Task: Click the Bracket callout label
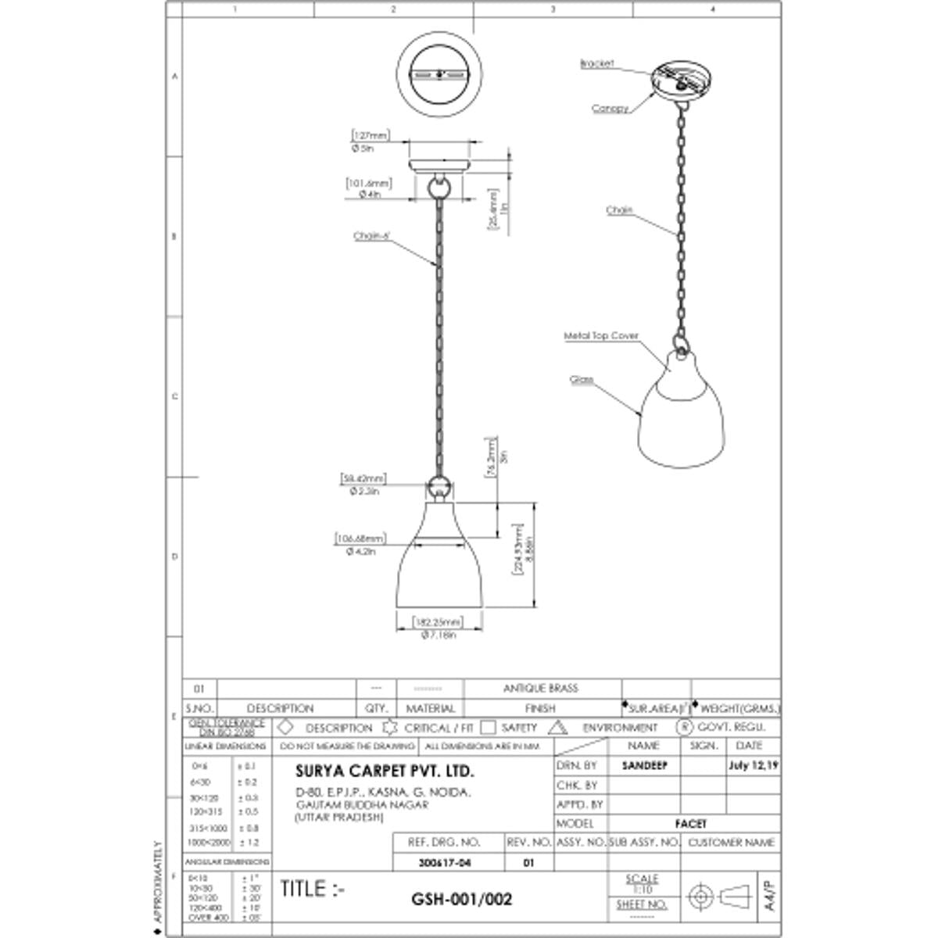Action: tap(597, 63)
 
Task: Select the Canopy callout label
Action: tap(610, 109)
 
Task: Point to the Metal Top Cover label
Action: tap(601, 336)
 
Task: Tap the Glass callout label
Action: tap(582, 380)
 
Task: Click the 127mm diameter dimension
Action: tap(371, 136)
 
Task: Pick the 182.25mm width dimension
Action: tap(438, 623)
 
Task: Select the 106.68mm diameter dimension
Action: tap(360, 539)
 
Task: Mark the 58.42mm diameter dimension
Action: tap(363, 478)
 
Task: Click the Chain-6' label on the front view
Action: tap(371, 236)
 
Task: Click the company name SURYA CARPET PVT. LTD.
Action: tap(385, 771)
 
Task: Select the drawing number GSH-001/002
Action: tap(461, 899)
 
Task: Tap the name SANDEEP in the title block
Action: tap(645, 766)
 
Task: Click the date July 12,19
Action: tap(753, 766)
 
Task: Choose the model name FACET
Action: tap(691, 824)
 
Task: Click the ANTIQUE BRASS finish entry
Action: tap(540, 689)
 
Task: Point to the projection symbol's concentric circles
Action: tap(700, 896)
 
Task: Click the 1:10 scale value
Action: tap(642, 890)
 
